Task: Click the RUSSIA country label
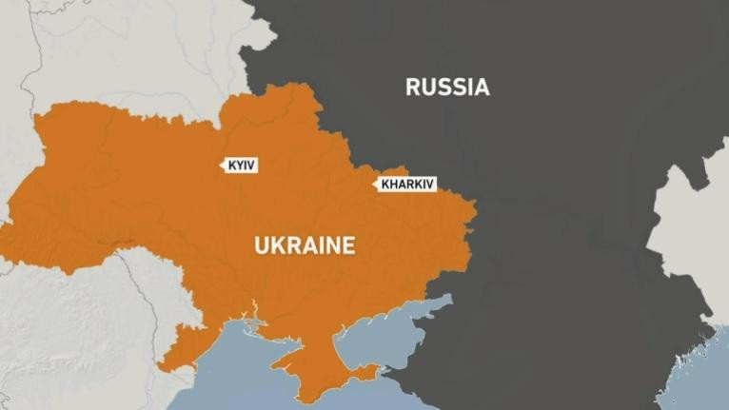pos(447,88)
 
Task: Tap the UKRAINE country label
pos(305,245)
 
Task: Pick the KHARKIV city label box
pos(406,185)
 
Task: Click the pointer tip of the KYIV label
pos(221,166)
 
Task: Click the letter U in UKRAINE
pos(262,245)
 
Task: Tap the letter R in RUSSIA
pos(413,88)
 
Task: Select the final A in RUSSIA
pos(483,88)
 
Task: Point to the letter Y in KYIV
pos(240,166)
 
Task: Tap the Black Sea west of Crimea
pos(238,371)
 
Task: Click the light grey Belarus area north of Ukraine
pos(143,57)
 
